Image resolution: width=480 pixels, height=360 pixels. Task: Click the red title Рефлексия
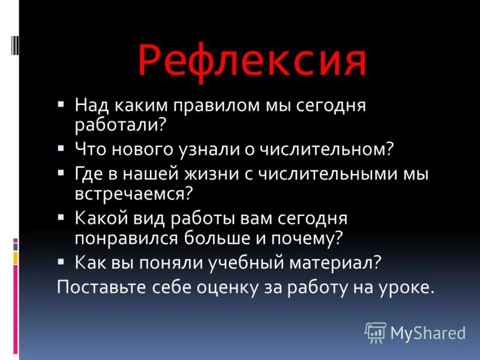pyautogui.click(x=251, y=61)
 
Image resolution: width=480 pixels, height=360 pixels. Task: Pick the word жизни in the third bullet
pyautogui.click(x=224, y=174)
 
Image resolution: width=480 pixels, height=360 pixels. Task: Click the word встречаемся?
pyautogui.click(x=133, y=193)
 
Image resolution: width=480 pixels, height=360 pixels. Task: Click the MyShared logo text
pyautogui.click(x=428, y=332)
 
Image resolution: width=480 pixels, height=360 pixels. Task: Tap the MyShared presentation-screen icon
pyautogui.click(x=375, y=332)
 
